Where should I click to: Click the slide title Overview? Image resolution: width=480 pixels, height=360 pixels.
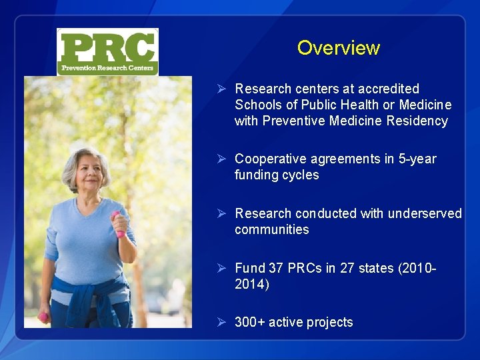[x=338, y=48]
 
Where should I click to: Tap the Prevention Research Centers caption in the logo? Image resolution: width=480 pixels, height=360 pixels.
[x=107, y=68]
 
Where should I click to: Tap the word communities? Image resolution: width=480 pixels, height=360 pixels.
[x=271, y=229]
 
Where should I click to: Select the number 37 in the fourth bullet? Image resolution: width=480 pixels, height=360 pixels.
[x=276, y=268]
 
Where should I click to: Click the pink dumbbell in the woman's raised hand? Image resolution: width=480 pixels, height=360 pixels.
[x=119, y=223]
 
